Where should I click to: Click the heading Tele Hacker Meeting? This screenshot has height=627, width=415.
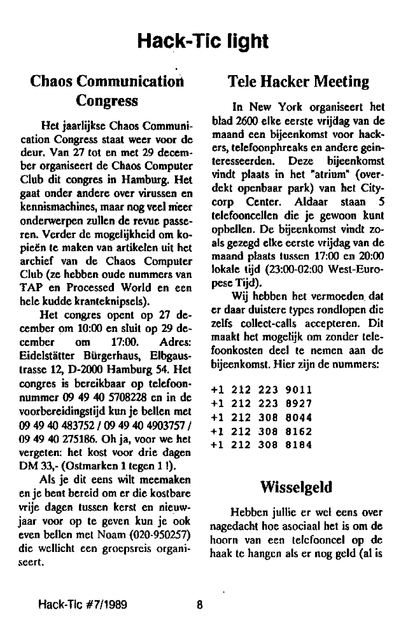tap(298, 81)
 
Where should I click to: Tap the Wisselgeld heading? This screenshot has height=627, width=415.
tap(295, 488)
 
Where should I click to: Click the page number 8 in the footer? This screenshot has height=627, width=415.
tap(199, 605)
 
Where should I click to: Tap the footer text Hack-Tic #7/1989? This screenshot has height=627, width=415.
tap(83, 605)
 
